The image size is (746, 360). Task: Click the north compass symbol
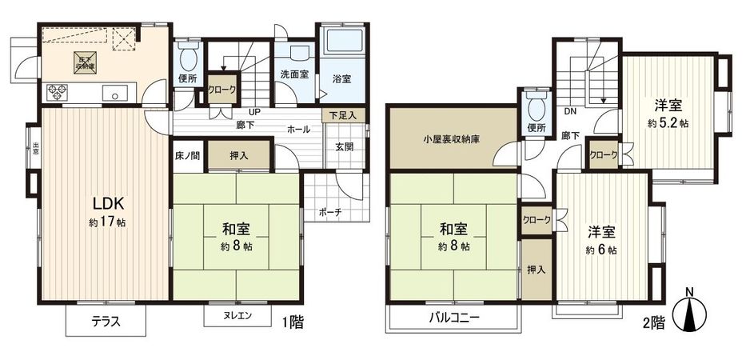[x=692, y=312]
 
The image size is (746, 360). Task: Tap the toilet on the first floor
[x=187, y=58]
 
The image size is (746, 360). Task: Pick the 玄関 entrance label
[x=345, y=146]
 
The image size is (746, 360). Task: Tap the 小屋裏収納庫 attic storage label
[x=452, y=138]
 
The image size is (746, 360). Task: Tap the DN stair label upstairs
[x=571, y=111]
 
